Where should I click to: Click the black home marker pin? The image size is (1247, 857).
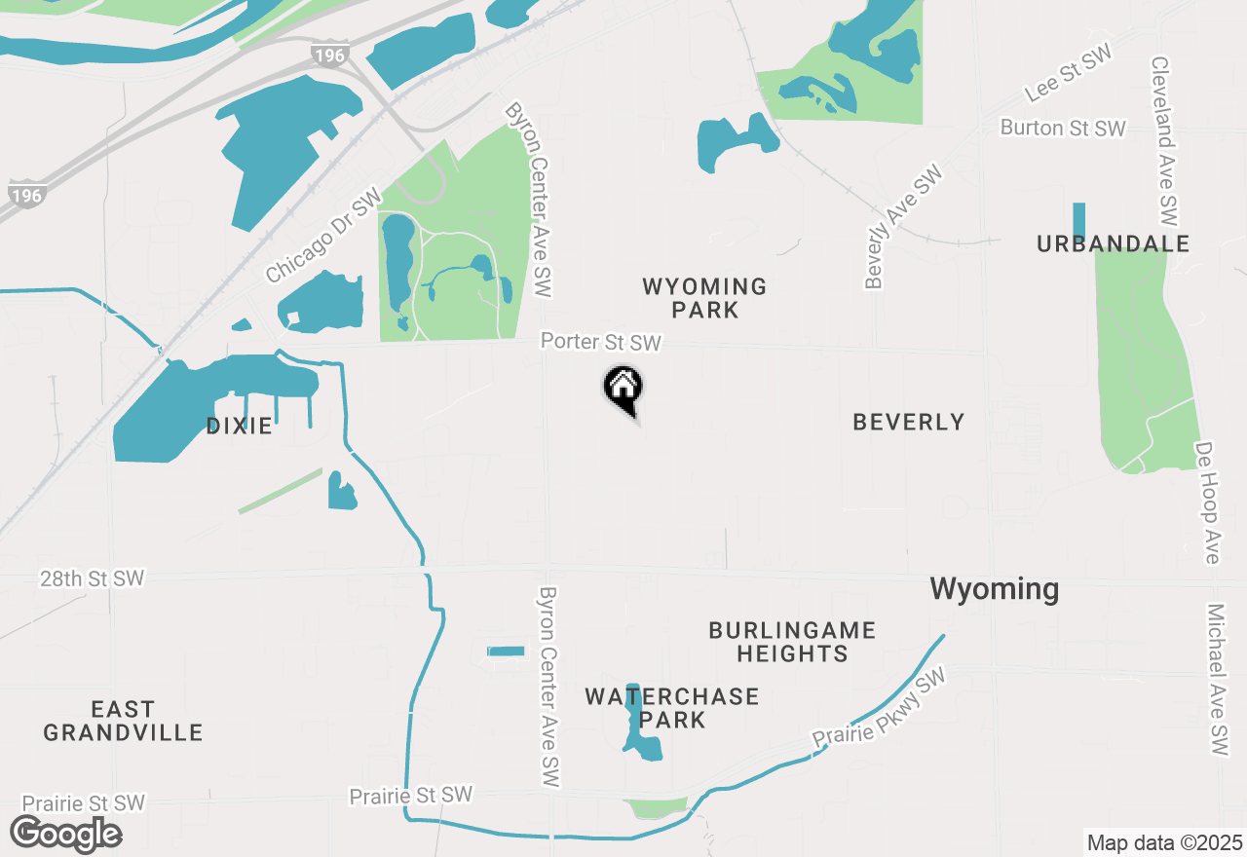coord(623,389)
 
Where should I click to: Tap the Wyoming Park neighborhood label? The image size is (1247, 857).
coord(704,298)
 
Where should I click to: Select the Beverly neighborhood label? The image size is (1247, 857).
coord(908,422)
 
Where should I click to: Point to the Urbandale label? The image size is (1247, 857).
coord(1113,243)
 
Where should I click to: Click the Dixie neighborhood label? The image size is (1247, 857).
coord(239,426)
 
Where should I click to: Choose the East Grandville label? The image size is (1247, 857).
coord(123,721)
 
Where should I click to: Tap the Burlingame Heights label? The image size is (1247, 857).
coord(792,642)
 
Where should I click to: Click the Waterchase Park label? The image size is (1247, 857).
coord(672,708)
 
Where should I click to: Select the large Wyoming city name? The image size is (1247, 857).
coord(994,588)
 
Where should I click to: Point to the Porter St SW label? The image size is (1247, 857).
coord(601,342)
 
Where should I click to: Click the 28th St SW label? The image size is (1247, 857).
coord(92,578)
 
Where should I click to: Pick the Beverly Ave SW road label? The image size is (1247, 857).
coord(903,227)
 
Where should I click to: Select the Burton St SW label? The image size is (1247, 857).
coord(1063,128)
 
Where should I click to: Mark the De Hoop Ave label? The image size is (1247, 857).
coord(1207,503)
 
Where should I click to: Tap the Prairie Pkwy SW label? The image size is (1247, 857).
coord(880,709)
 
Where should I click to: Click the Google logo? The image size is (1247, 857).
coord(65,834)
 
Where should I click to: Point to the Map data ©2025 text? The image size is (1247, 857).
coord(1164,842)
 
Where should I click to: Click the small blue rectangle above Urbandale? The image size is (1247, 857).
coord(1078,221)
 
